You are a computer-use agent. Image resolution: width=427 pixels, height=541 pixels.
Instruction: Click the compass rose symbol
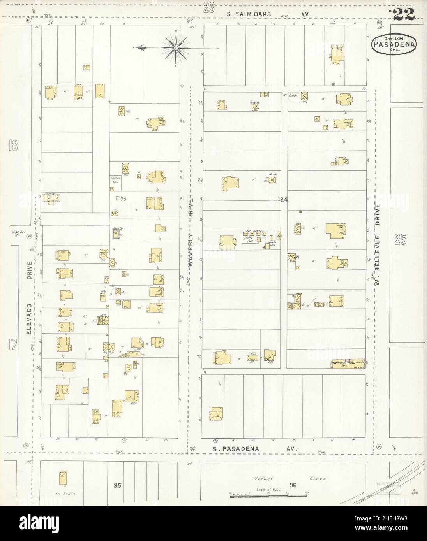176,48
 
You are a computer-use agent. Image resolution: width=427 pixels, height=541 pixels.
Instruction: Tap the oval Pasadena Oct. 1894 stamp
394,44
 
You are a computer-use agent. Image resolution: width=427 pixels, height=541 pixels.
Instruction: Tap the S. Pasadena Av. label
255,449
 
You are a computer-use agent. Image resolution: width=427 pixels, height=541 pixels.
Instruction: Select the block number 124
283,200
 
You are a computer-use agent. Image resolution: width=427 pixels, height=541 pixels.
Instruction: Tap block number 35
117,485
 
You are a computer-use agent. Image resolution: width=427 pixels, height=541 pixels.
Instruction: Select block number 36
293,485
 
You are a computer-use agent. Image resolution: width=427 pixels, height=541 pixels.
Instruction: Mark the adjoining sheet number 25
400,240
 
